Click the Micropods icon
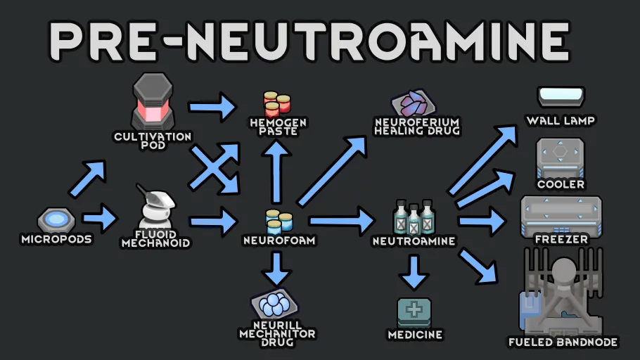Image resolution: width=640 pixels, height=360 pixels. coord(56,220)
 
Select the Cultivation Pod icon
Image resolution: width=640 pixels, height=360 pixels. coord(153,101)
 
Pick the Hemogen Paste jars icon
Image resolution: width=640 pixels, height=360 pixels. coord(277,104)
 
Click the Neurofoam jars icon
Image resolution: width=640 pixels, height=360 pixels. coord(279,221)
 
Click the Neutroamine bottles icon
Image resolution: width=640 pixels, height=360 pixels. coord(414,217)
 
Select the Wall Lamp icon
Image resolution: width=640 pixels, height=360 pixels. coord(561,96)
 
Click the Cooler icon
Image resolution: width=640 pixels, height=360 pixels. coord(561,157)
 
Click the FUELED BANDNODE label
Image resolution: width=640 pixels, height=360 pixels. coord(563,342)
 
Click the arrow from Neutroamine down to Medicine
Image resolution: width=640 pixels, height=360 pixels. coord(414,271)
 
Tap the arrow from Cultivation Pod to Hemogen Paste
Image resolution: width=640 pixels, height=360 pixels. coord(212,107)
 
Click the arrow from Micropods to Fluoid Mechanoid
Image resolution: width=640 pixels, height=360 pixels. coord(101,219)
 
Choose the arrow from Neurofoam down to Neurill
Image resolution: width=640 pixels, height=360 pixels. coord(279,268)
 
